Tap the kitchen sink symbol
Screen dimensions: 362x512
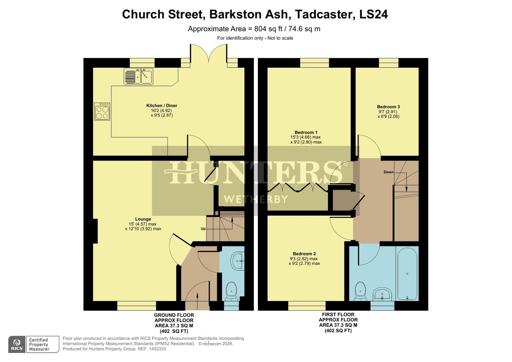click(x=138, y=76)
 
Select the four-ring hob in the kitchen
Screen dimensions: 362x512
click(x=102, y=112)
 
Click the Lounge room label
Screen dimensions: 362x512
click(x=143, y=219)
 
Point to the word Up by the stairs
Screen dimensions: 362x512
click(x=203, y=229)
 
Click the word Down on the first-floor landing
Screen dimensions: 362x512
click(x=389, y=172)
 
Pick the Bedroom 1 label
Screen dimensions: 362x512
click(x=306, y=132)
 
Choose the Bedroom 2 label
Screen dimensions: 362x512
click(x=304, y=254)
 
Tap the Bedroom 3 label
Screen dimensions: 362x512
click(x=388, y=107)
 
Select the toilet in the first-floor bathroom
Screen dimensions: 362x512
click(x=360, y=291)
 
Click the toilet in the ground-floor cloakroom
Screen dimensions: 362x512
click(x=231, y=291)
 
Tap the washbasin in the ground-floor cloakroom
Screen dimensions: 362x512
click(x=238, y=260)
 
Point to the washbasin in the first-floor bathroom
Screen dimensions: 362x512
click(x=382, y=295)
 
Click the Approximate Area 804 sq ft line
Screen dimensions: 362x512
click(x=254, y=29)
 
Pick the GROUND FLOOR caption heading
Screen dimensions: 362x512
click(x=174, y=315)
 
